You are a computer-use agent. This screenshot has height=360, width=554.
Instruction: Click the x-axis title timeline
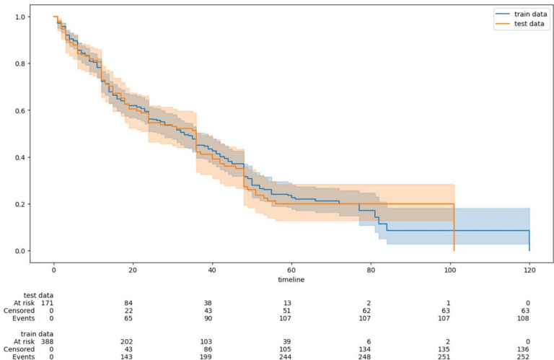point(291,278)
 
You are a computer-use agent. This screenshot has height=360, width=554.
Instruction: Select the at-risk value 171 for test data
point(47,303)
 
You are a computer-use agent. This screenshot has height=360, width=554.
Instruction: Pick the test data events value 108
point(530,319)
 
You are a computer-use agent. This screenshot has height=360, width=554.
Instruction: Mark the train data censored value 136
point(530,347)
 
